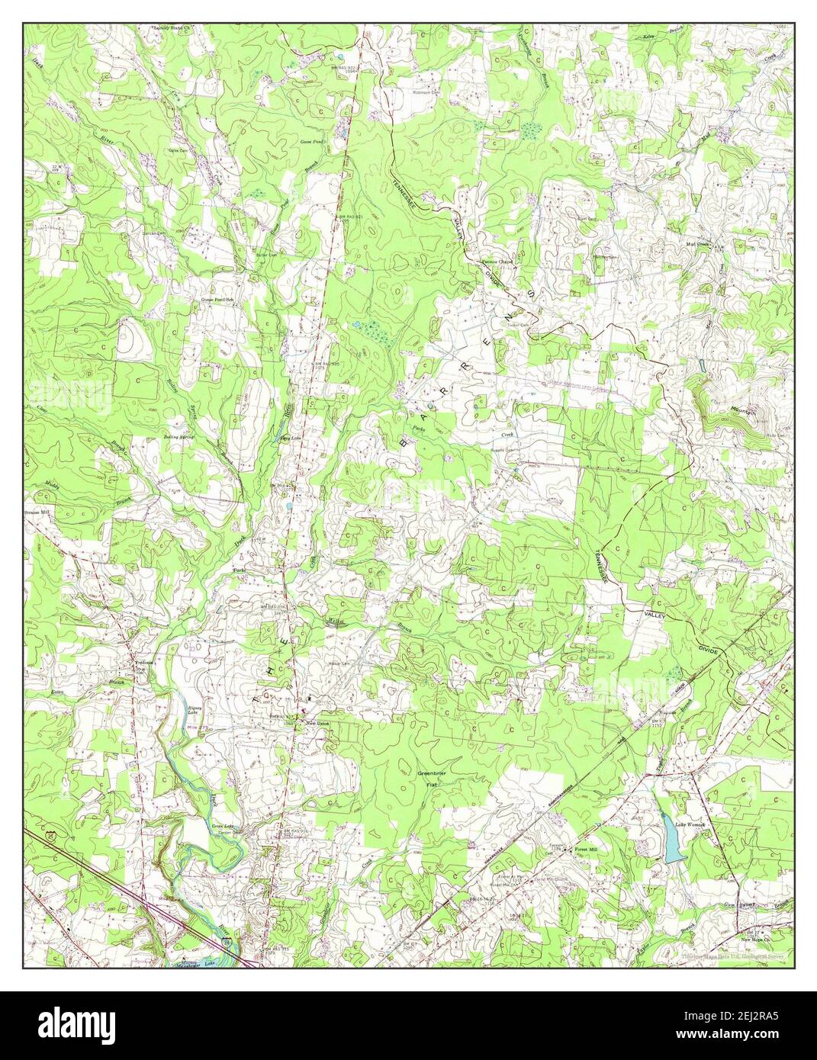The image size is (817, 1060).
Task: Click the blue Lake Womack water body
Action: pyautogui.click(x=674, y=845)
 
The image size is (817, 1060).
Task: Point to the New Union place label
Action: pyautogui.click(x=315, y=723)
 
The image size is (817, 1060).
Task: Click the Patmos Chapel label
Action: pyautogui.click(x=497, y=262)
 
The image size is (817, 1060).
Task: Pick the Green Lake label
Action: pyautogui.click(x=221, y=827)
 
